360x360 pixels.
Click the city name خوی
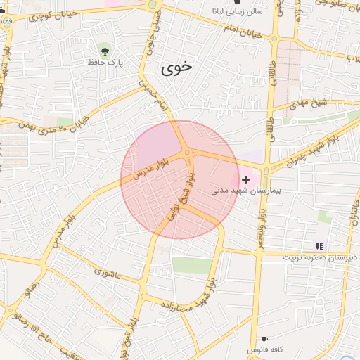176,68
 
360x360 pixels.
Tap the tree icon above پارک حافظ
105,51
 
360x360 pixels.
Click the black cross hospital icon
245,180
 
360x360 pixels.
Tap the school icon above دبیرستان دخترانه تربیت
320,246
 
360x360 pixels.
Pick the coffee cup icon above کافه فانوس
264,339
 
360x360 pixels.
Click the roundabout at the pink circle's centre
187,153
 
